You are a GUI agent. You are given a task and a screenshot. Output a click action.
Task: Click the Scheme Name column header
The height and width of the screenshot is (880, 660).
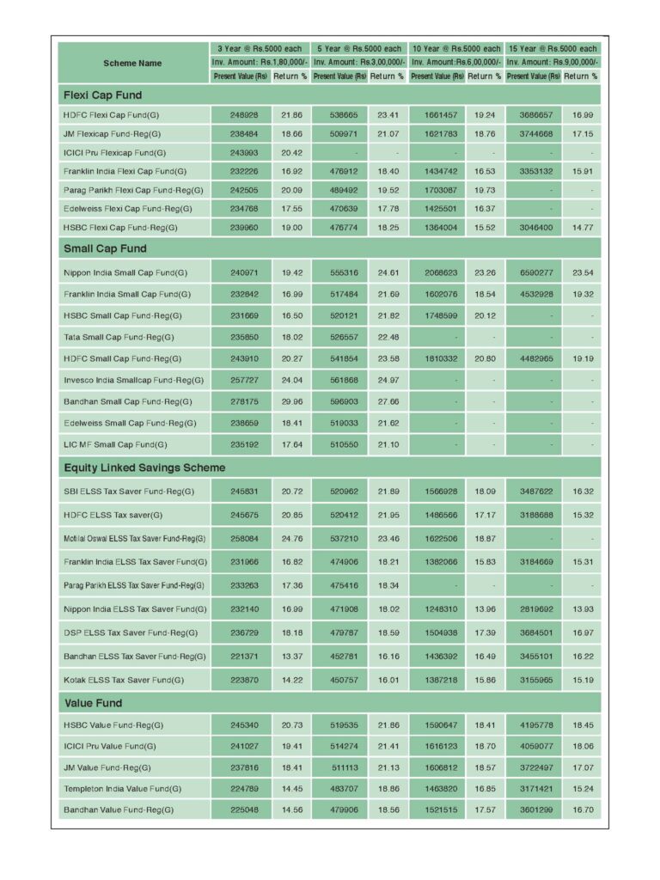(132, 63)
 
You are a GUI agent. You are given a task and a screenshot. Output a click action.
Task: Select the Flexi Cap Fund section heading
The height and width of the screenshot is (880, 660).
(102, 95)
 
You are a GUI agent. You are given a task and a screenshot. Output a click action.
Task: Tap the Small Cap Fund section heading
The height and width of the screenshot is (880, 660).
(105, 249)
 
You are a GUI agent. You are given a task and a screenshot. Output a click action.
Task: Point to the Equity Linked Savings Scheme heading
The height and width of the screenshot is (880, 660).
(144, 468)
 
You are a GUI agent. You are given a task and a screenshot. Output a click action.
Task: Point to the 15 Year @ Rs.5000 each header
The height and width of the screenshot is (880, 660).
(552, 49)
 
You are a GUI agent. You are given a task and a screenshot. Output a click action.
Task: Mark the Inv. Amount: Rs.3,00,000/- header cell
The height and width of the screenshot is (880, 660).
(357, 63)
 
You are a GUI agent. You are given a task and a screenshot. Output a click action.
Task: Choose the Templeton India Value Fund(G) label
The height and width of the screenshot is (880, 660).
(122, 789)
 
